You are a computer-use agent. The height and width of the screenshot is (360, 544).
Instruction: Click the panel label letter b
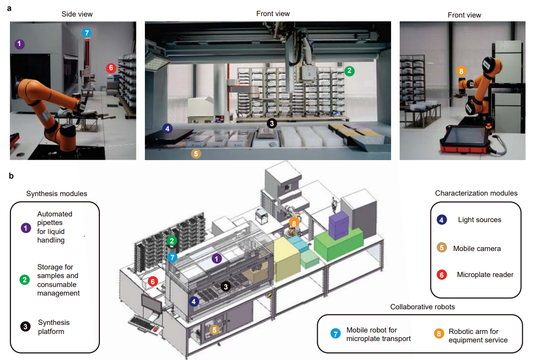tap(11, 176)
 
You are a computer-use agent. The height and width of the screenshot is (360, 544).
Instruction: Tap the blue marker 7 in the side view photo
tap(86, 33)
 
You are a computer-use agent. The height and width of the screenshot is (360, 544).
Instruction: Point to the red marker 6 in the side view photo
tap(111, 68)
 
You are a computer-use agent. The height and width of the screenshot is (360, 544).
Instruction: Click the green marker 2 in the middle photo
tap(349, 71)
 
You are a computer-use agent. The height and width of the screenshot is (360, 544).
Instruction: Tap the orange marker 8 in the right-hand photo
tap(461, 72)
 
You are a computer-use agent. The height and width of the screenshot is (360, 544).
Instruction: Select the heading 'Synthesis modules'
tap(57, 193)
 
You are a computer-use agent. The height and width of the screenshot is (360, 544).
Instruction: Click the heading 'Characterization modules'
tap(476, 193)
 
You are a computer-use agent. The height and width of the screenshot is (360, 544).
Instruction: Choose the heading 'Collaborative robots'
tap(422, 306)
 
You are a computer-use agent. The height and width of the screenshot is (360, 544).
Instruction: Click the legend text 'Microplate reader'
tap(485, 275)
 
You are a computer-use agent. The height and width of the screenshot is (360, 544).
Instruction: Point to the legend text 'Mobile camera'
tap(477, 248)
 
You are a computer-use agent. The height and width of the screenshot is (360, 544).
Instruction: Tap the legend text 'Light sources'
tap(479, 220)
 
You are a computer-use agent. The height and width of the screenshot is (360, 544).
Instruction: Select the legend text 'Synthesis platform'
tap(54, 327)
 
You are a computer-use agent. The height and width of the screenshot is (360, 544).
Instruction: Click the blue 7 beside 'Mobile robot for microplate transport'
tap(335, 333)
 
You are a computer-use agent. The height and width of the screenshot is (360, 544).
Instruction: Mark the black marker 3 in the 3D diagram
tap(226, 286)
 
